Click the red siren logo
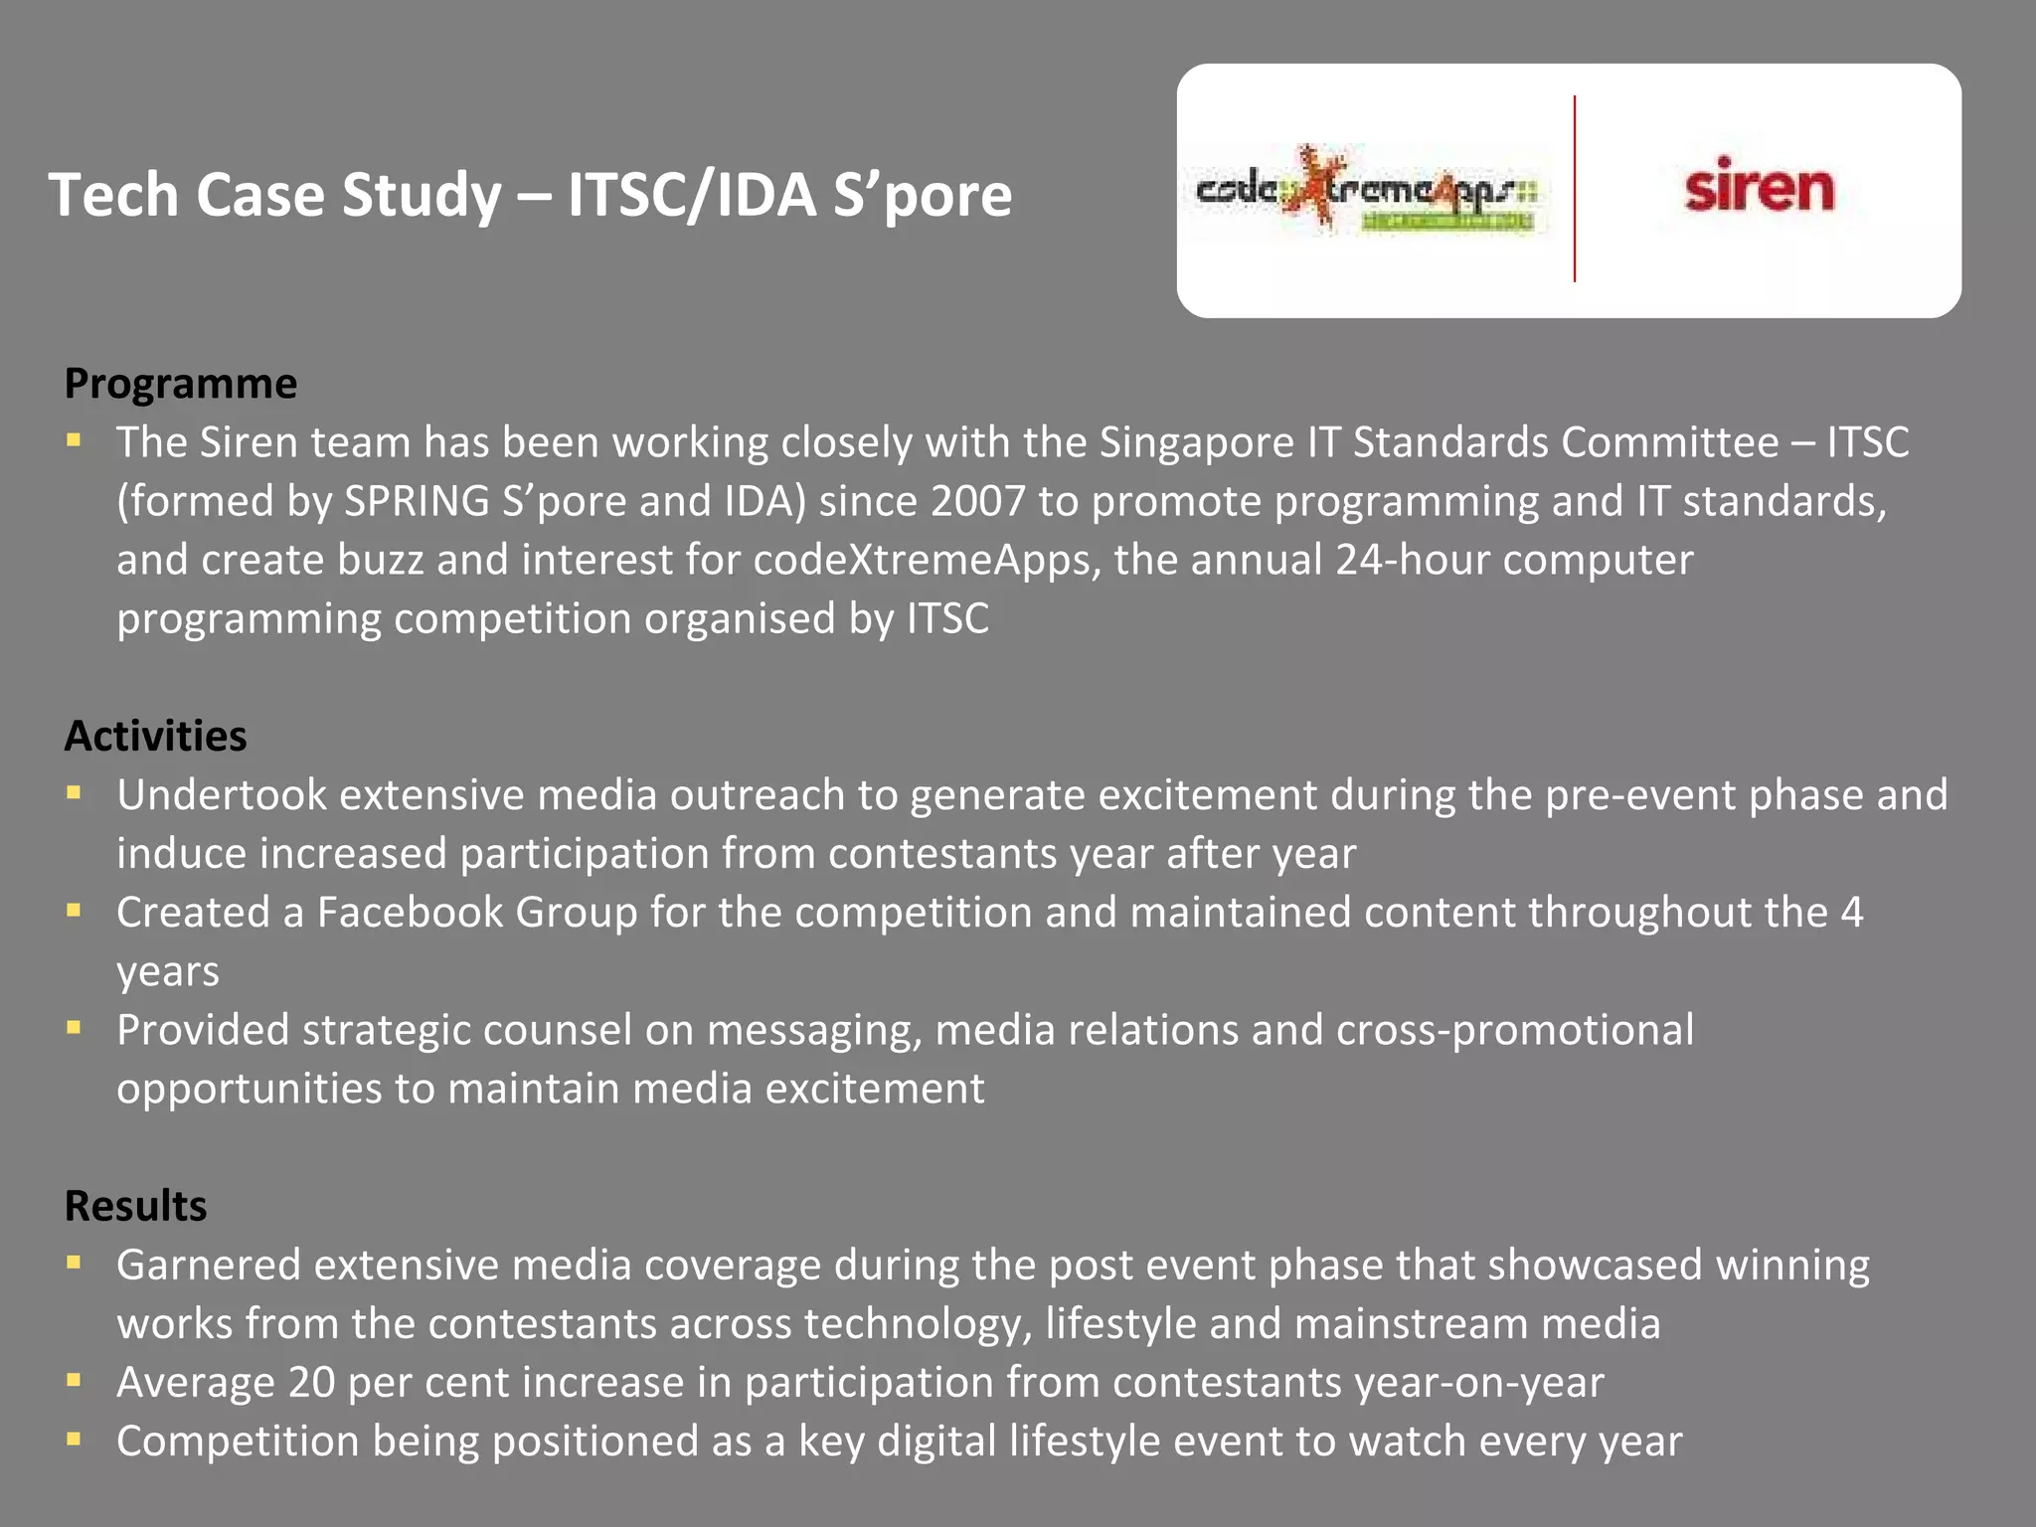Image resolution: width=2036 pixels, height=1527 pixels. click(x=1759, y=187)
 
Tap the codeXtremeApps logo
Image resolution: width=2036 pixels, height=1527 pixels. click(x=1366, y=190)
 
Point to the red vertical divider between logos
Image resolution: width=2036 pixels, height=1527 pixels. click(x=1575, y=189)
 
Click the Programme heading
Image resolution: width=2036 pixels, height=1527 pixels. click(x=181, y=384)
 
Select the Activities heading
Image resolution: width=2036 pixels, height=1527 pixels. click(x=156, y=736)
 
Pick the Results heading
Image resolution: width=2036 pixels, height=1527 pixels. click(x=136, y=1206)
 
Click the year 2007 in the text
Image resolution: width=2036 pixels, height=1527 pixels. click(x=977, y=501)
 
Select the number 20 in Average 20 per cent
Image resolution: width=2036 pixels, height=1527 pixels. click(x=312, y=1383)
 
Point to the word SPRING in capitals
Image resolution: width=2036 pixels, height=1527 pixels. click(x=417, y=501)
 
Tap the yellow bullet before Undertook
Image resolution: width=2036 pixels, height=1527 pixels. click(x=74, y=793)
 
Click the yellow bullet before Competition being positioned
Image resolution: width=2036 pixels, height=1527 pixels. click(x=74, y=1439)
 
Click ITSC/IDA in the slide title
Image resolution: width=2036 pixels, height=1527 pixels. click(x=692, y=194)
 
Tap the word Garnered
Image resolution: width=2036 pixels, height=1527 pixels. click(x=209, y=1266)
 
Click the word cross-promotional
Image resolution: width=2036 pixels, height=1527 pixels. click(x=1515, y=1030)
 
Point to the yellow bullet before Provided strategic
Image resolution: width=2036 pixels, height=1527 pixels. click(x=74, y=1028)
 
